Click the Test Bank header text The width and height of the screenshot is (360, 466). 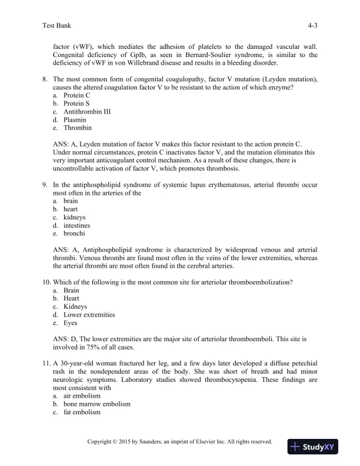pyautogui.click(x=57, y=26)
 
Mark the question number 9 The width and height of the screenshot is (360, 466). pyautogui.click(x=45, y=185)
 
